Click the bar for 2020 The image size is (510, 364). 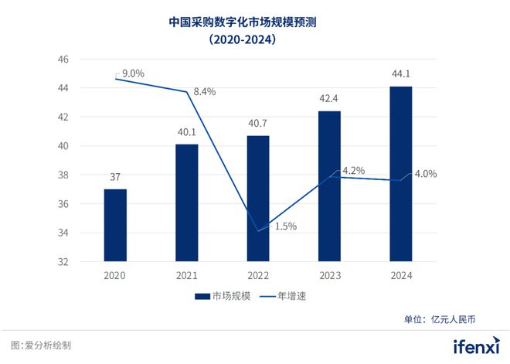pyautogui.click(x=115, y=225)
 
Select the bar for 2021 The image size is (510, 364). pyautogui.click(x=186, y=202)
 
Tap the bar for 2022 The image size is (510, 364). pyautogui.click(x=258, y=199)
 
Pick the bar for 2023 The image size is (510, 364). pyautogui.click(x=329, y=186)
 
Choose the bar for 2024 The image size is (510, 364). pyautogui.click(x=400, y=174)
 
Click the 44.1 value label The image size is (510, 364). pyautogui.click(x=400, y=74)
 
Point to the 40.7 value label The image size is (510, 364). pyautogui.click(x=258, y=123)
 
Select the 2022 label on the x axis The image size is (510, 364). pyautogui.click(x=258, y=276)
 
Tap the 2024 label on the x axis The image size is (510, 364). pyautogui.click(x=400, y=276)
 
